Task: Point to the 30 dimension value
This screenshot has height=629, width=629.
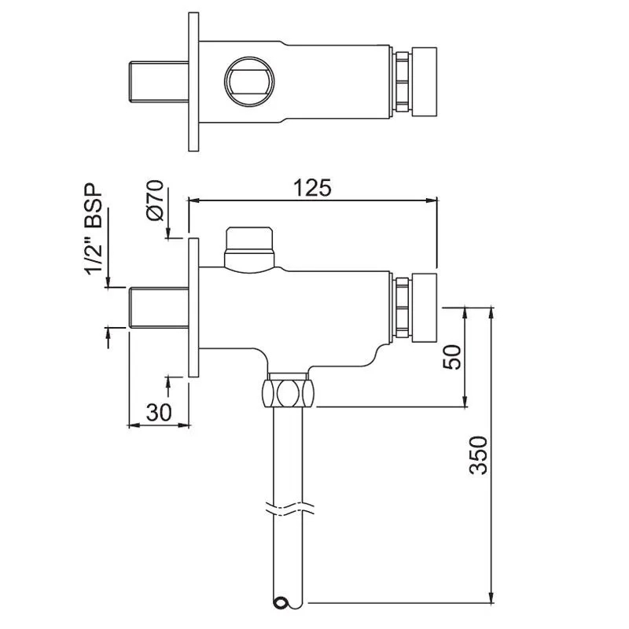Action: tap(160, 411)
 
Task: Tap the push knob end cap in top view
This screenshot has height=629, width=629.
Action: tap(425, 82)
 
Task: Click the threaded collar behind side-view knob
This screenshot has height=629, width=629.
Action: tap(402, 307)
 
